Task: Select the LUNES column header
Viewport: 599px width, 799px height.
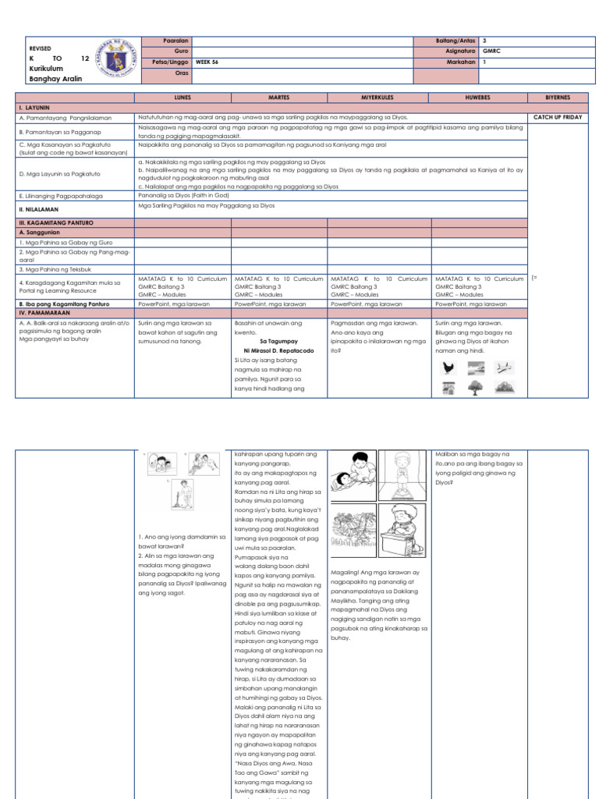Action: tap(183, 98)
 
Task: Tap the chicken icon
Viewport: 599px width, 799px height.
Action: tap(448, 368)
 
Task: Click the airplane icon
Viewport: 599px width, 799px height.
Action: tap(504, 368)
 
